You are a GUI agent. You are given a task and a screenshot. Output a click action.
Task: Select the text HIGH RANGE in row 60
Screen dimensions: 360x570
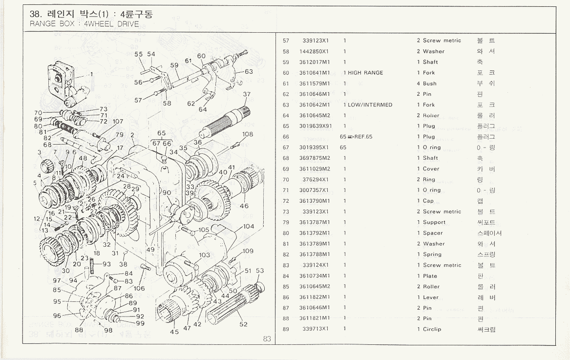click(x=365, y=73)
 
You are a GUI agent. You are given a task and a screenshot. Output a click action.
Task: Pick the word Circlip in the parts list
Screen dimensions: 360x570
click(x=432, y=329)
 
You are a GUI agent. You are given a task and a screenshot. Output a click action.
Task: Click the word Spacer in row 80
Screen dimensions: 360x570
click(x=433, y=233)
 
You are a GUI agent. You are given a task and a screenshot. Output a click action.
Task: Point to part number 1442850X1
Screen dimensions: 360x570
click(x=314, y=51)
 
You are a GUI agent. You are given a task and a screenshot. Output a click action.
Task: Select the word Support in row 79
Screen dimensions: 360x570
click(x=434, y=222)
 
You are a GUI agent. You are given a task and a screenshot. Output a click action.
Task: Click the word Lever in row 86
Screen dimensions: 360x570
click(x=431, y=297)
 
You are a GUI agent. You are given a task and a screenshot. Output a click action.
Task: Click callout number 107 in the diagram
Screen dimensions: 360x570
click(x=118, y=122)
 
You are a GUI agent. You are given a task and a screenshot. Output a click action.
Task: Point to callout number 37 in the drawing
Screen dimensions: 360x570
click(x=247, y=94)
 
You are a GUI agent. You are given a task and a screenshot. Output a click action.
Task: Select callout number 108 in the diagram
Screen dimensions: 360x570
click(x=248, y=134)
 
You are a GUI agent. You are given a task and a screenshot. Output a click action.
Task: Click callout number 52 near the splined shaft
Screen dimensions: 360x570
click(x=243, y=324)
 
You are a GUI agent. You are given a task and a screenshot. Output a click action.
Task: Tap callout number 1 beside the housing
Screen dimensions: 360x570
click(x=91, y=74)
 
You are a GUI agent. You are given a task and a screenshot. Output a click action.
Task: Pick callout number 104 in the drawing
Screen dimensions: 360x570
click(x=249, y=226)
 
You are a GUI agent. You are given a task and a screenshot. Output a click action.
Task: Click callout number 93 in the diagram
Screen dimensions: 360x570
click(x=106, y=264)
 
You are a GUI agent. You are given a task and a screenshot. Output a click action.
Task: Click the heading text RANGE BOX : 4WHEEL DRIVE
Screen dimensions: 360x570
click(x=84, y=24)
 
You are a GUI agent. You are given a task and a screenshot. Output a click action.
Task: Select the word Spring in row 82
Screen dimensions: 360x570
click(x=432, y=254)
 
